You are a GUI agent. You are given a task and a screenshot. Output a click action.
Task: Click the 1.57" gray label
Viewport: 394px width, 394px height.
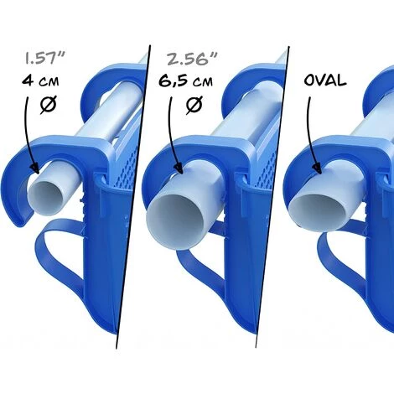coord(45,58)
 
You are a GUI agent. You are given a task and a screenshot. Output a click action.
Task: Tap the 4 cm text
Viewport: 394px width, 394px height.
coord(40,81)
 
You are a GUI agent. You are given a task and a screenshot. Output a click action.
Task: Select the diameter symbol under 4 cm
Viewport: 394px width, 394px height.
coord(48,105)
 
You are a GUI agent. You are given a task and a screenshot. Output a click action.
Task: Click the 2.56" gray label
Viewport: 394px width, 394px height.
coord(192,60)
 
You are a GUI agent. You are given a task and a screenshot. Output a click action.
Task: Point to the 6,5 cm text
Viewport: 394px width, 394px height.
coord(185,81)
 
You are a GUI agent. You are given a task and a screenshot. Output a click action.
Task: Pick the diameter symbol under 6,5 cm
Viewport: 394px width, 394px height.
coord(194,105)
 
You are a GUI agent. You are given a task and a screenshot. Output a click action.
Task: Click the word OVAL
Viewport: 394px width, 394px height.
coord(325,80)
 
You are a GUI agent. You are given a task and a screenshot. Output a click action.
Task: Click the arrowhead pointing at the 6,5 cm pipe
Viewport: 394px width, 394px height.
coord(179,168)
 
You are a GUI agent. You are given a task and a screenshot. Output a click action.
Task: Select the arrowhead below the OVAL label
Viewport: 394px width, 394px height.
coord(317,168)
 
